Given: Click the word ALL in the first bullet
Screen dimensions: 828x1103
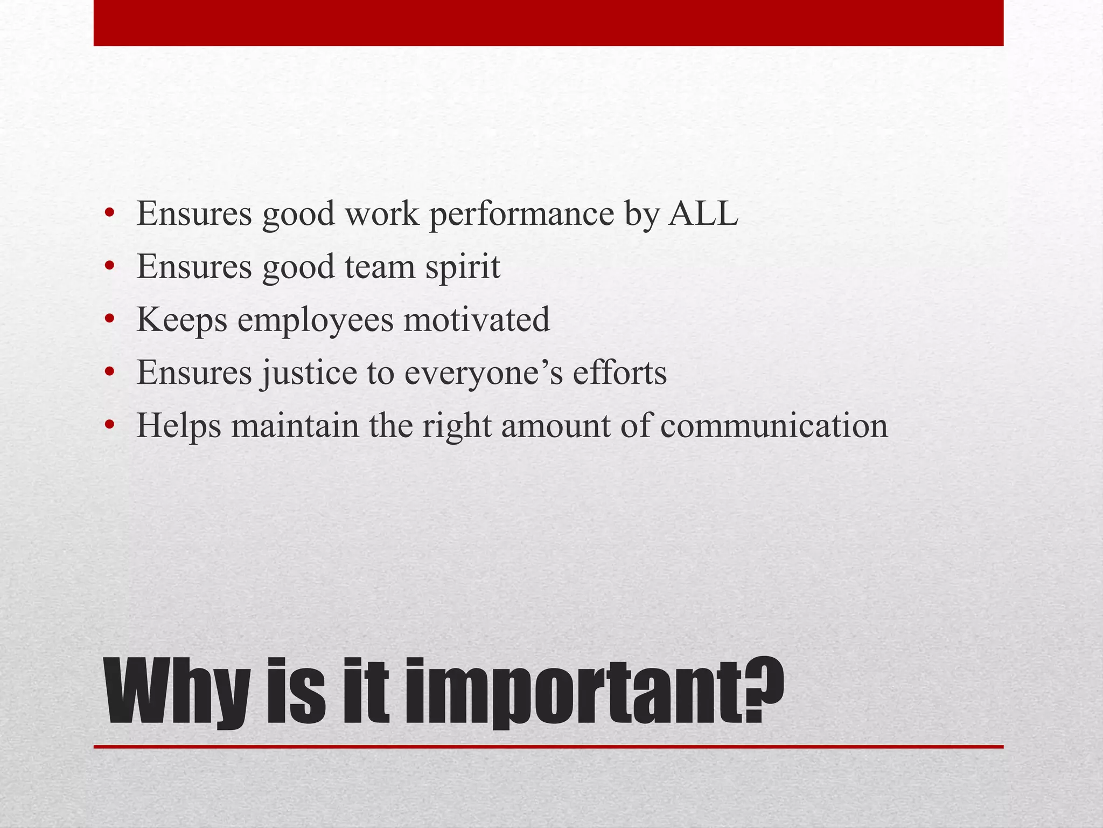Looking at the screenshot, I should pyautogui.click(x=703, y=213).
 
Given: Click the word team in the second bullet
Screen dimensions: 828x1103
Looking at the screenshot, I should pyautogui.click(x=379, y=267).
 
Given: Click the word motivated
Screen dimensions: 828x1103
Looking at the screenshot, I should pyautogui.click(x=477, y=319).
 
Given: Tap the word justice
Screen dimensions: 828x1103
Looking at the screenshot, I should pyautogui.click(x=309, y=373).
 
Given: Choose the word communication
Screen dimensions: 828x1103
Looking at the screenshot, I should pyautogui.click(x=773, y=426).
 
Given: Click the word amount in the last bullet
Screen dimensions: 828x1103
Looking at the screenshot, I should pyautogui.click(x=555, y=426).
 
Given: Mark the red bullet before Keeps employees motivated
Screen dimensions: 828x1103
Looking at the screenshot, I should pyautogui.click(x=110, y=320).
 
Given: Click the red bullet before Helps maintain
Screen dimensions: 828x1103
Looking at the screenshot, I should pyautogui.click(x=110, y=425).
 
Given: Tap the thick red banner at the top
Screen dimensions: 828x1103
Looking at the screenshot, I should pyautogui.click(x=548, y=23).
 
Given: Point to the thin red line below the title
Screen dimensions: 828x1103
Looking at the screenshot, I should pyautogui.click(x=548, y=747).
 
